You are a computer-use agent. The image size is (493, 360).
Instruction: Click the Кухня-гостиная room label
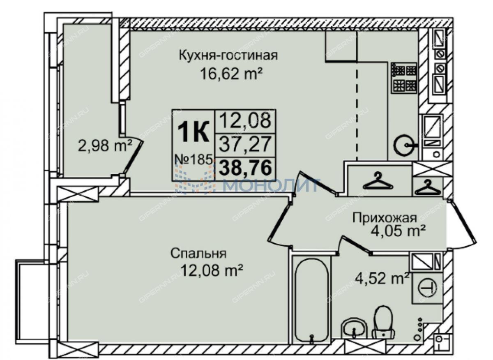(228, 55)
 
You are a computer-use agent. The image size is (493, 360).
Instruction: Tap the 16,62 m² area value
(232, 74)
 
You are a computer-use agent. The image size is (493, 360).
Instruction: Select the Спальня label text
(198, 254)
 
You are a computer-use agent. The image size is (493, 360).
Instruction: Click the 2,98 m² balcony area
(105, 145)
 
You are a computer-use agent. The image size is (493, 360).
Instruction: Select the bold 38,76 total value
(245, 168)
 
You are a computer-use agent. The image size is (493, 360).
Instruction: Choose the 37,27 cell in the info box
(245, 144)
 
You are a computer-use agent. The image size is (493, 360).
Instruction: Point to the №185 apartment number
(194, 159)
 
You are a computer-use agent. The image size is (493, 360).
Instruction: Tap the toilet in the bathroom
(384, 325)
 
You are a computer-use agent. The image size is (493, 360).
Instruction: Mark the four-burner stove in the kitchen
(404, 77)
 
